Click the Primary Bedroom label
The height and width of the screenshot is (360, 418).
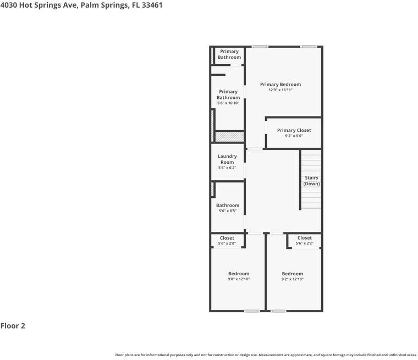(280, 84)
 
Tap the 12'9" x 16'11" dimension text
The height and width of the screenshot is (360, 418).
(280, 90)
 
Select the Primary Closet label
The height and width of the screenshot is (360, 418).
(294, 130)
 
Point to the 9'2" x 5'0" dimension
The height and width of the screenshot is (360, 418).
(294, 136)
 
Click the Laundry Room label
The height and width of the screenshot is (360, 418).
(227, 159)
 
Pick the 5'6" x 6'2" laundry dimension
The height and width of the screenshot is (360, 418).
(227, 168)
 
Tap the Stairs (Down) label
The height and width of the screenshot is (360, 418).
(311, 181)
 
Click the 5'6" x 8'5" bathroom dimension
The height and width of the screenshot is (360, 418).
(228, 211)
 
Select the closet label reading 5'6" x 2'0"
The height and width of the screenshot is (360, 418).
(227, 243)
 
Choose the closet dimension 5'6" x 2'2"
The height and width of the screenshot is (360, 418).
(304, 243)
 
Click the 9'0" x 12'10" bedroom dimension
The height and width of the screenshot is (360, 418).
(239, 279)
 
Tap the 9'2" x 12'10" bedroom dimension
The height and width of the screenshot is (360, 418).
(292, 279)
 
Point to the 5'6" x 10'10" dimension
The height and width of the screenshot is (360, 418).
(228, 103)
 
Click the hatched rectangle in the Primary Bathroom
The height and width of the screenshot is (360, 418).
(229, 137)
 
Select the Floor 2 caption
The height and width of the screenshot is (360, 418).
(13, 326)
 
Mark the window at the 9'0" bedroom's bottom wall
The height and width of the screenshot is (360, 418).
(252, 311)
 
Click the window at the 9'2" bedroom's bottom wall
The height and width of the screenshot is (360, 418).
(278, 311)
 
